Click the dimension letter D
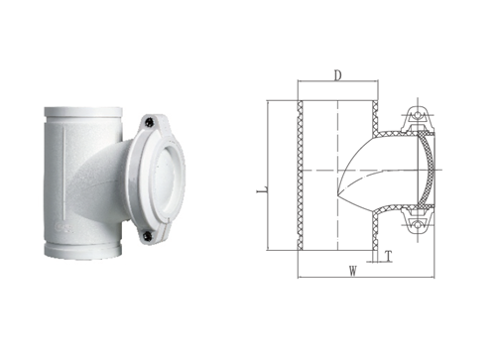point(337,75)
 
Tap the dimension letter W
point(353,271)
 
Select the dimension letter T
point(389,256)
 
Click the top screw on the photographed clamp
point(149,122)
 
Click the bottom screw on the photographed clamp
point(148,236)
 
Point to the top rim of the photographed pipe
point(83,111)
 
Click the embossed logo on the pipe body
point(63,227)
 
